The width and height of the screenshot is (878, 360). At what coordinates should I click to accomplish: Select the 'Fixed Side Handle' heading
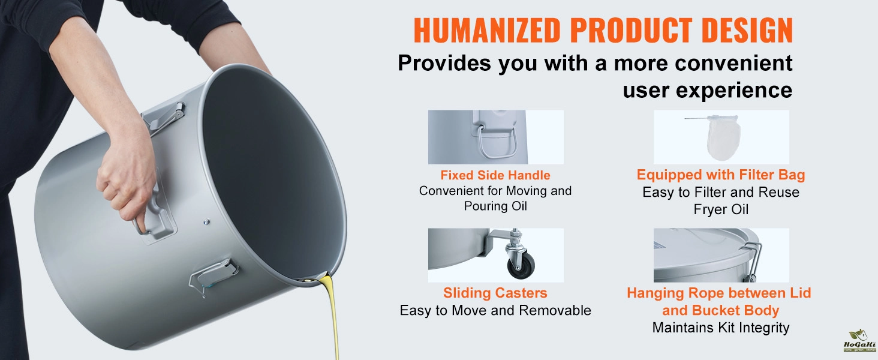[495, 175]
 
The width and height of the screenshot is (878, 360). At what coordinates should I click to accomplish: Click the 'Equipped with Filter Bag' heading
[721, 175]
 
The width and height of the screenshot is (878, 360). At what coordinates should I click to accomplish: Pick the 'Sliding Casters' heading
[495, 293]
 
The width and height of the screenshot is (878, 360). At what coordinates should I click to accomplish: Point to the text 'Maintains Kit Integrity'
[721, 328]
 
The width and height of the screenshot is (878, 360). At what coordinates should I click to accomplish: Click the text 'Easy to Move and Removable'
[495, 310]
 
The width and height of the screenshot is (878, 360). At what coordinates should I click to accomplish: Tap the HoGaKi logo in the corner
[859, 341]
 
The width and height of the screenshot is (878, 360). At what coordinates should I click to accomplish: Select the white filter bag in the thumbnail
[723, 137]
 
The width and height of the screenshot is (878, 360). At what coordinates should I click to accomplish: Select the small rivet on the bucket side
[206, 223]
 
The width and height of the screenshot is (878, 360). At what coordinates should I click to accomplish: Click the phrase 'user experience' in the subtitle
[708, 90]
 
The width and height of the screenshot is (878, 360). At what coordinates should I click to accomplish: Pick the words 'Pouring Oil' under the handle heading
[495, 206]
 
